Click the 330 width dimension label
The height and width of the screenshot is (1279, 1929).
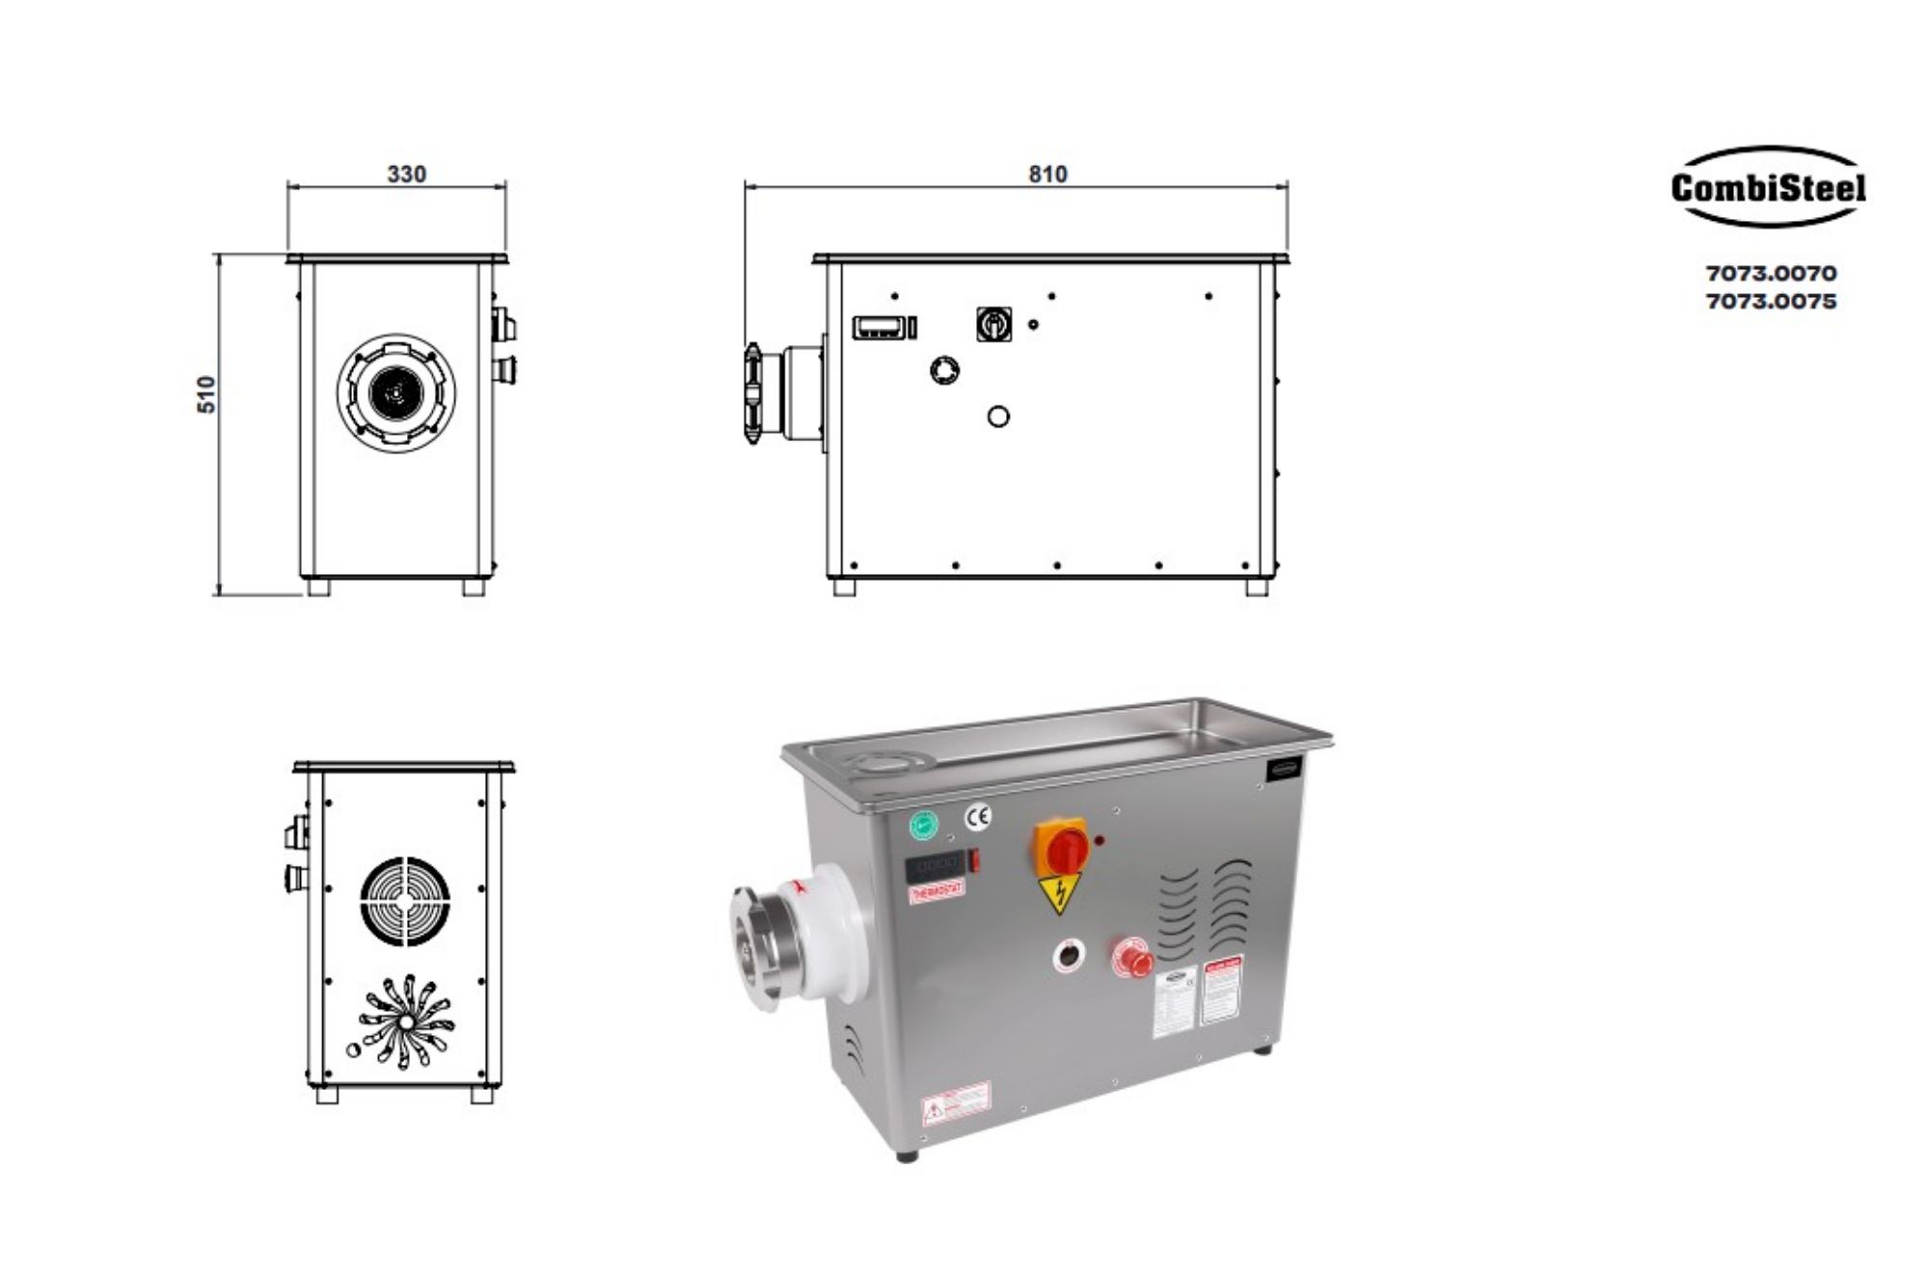point(406,175)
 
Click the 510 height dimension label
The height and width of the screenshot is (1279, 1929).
point(206,395)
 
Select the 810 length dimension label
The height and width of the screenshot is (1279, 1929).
point(1047,175)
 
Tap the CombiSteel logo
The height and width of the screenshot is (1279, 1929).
point(1767,187)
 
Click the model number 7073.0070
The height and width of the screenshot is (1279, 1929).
point(1771,274)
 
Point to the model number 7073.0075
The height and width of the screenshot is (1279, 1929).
point(1771,302)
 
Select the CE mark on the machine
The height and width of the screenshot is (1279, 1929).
point(978,818)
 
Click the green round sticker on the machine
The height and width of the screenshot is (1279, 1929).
point(924,825)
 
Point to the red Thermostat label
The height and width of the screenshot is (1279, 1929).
point(937,894)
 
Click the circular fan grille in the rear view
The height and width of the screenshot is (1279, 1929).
point(406,902)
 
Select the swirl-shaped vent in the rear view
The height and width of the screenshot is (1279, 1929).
point(406,1020)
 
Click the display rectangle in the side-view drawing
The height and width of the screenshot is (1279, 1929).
point(879,327)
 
